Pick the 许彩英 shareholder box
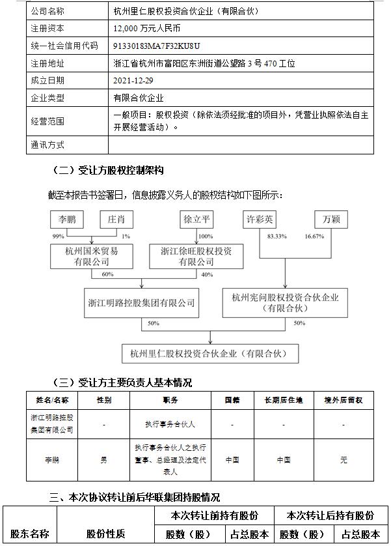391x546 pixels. [x=260, y=220]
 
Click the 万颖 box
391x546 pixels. [x=331, y=220]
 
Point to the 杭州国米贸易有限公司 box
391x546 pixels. [x=92, y=255]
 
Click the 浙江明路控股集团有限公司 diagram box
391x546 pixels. [x=141, y=302]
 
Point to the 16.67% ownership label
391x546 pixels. [x=314, y=237]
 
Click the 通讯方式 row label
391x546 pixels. [x=47, y=145]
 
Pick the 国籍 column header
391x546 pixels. [x=232, y=399]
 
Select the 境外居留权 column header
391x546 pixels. [x=344, y=399]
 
